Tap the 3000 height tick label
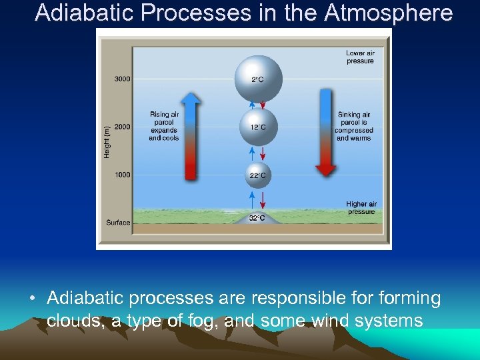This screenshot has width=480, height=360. (122, 79)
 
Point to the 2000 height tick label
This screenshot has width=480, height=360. (122, 127)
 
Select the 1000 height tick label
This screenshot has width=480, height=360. (122, 175)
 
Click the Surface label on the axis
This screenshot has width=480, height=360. (118, 222)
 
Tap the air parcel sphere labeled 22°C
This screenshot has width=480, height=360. (257, 175)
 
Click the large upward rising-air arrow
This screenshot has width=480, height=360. (191, 137)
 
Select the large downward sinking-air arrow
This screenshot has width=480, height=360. (326, 133)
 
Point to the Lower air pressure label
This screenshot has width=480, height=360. (360, 57)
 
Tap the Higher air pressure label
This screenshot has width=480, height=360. (361, 208)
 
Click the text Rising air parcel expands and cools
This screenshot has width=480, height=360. (164, 126)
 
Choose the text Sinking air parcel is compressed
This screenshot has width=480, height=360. (354, 126)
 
